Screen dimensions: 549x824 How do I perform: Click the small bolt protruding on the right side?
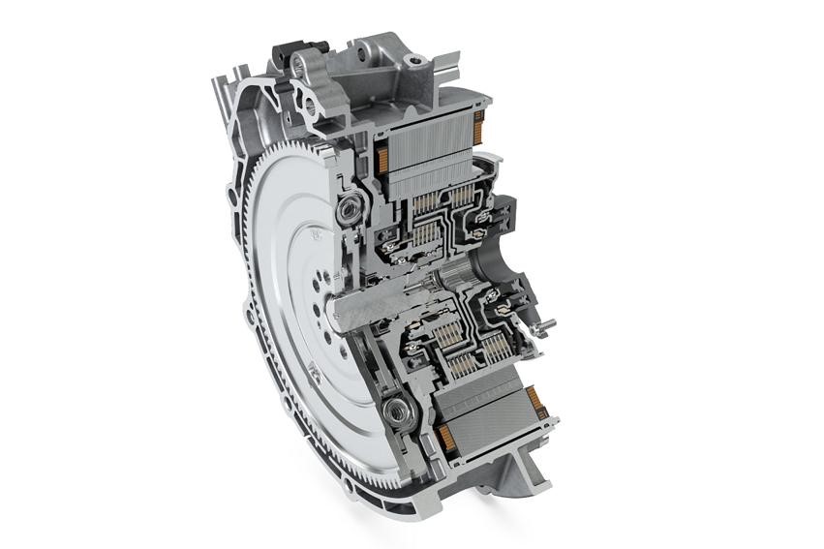point(549,324)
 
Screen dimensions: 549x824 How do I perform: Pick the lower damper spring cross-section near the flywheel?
point(398,413)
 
